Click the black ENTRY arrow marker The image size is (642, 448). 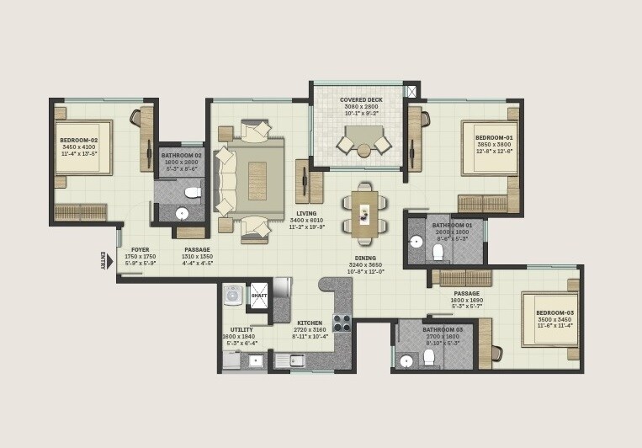coord(109,261)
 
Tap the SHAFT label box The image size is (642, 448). coord(259,296)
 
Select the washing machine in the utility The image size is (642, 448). coord(233,295)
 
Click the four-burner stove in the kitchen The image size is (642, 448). coord(342,323)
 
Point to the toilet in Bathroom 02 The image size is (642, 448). coord(193,192)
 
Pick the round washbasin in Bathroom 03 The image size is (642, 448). coord(406,361)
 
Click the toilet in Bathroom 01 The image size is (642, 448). coord(438,251)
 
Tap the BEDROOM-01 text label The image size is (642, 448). coord(494,137)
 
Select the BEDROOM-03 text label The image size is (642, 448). coord(554,312)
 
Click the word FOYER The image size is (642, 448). coord(140,249)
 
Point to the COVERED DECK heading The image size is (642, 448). coord(361,100)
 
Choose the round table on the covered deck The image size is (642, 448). coord(363,151)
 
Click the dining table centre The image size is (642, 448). coord(365,214)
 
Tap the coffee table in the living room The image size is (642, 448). coord(257,180)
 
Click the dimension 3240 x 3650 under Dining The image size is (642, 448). coord(365,264)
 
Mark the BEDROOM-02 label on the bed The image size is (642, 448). coord(78,141)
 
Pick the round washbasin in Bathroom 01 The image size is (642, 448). coord(416,241)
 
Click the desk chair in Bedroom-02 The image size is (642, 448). coord(135,118)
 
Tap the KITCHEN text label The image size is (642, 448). coord(310,323)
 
